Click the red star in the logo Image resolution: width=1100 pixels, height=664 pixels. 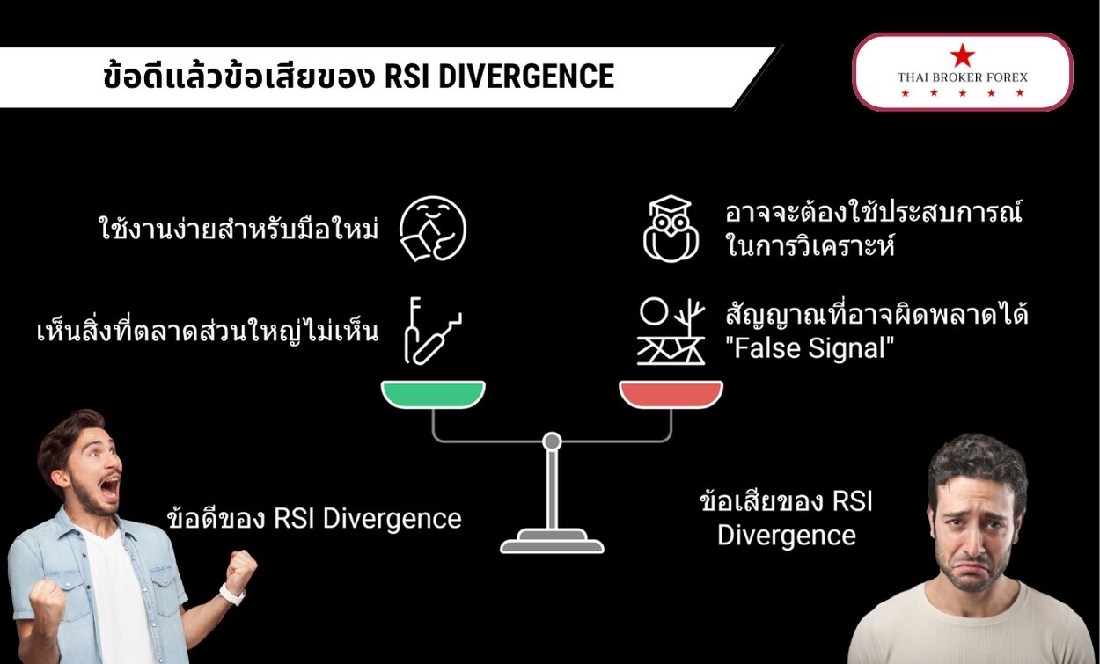[x=962, y=55]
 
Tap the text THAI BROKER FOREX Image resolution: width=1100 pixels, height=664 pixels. [x=962, y=77]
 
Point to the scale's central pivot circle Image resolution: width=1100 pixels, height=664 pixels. [x=552, y=441]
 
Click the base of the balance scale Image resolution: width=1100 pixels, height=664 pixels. [x=552, y=542]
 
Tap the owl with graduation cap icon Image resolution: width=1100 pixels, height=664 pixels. [x=671, y=229]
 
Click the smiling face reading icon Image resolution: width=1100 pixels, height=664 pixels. [x=432, y=229]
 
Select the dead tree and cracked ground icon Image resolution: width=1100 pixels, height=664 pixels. [x=671, y=332]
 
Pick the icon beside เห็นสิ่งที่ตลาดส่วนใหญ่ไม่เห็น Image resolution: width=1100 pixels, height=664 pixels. [x=426, y=332]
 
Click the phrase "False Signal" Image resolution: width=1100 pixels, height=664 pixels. [x=810, y=348]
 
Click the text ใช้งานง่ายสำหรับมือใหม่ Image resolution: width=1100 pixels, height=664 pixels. [x=238, y=230]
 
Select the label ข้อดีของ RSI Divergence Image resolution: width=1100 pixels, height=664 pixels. [x=314, y=518]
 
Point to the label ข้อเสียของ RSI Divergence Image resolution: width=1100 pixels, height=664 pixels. [x=786, y=518]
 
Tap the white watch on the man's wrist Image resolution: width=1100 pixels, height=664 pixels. [x=231, y=595]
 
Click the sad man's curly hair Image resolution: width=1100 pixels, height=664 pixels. [x=977, y=462]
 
